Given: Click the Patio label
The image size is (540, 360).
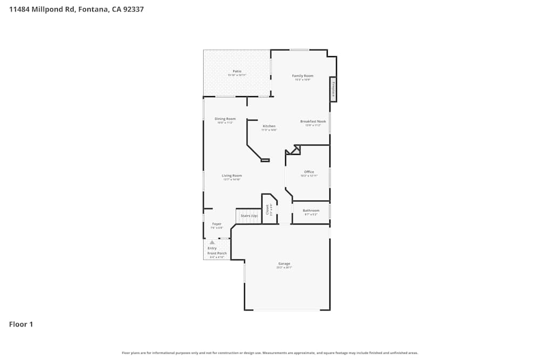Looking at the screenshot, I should point(237,71).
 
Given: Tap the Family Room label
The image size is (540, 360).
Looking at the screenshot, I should point(302,76).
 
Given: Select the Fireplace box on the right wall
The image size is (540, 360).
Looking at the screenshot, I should point(334,89).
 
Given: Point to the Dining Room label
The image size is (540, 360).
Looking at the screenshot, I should point(225,119).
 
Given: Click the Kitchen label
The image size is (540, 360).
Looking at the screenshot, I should point(269,126).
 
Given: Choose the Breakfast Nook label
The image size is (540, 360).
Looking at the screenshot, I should point(313,121).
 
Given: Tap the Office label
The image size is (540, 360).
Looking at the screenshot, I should point(309,172).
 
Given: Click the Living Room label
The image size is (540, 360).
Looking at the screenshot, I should point(232,175).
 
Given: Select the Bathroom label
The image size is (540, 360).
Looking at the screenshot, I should point(310,210).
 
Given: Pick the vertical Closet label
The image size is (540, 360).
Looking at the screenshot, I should point(267,210).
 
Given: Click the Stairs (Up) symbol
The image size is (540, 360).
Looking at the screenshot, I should point(248,216).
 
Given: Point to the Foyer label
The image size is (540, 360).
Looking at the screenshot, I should point(217,223).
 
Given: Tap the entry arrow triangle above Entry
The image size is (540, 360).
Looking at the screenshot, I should point(212,242).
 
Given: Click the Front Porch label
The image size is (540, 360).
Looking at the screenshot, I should point(217,253).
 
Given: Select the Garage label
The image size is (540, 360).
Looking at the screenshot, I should point(284,263).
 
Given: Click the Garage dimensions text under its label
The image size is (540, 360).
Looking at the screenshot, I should point(284,267).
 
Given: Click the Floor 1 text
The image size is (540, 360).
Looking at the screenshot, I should point(21,324).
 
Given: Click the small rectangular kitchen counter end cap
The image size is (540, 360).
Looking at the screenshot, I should point(265,160).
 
